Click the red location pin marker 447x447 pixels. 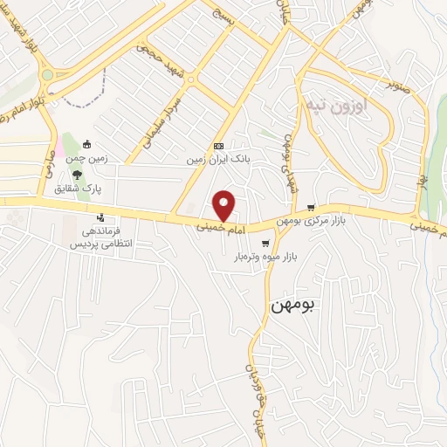[225, 205]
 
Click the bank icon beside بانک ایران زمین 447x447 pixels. [218, 146]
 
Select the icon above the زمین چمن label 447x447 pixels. [86, 143]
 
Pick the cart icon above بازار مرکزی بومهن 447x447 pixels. [312, 208]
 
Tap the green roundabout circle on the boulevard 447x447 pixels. [46, 76]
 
